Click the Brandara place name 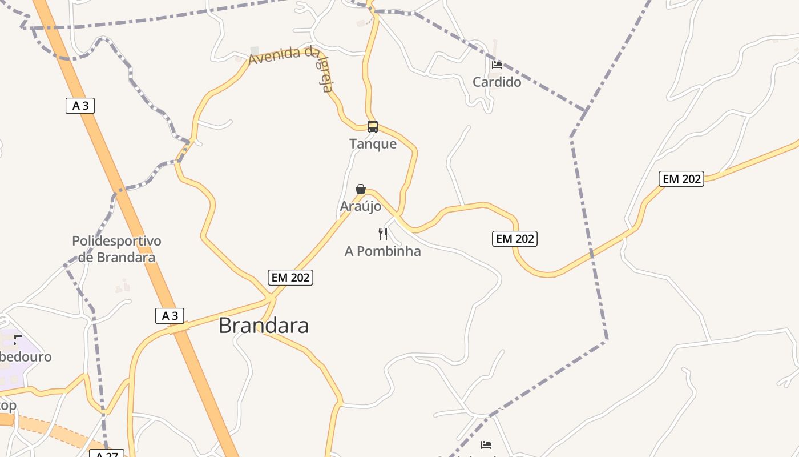(264, 326)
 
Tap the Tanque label (373, 143)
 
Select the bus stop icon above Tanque (373, 127)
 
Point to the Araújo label (360, 206)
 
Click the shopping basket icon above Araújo (361, 189)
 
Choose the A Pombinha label (382, 251)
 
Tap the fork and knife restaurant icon (383, 234)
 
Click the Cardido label (497, 82)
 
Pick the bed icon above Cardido (497, 65)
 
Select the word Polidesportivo (116, 241)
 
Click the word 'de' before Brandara (86, 257)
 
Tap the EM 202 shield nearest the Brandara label (290, 278)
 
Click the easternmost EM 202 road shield (681, 179)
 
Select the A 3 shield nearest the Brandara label (170, 316)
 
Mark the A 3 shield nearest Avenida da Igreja (80, 106)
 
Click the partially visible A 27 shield (106, 454)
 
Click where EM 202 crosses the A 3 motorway (179, 328)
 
